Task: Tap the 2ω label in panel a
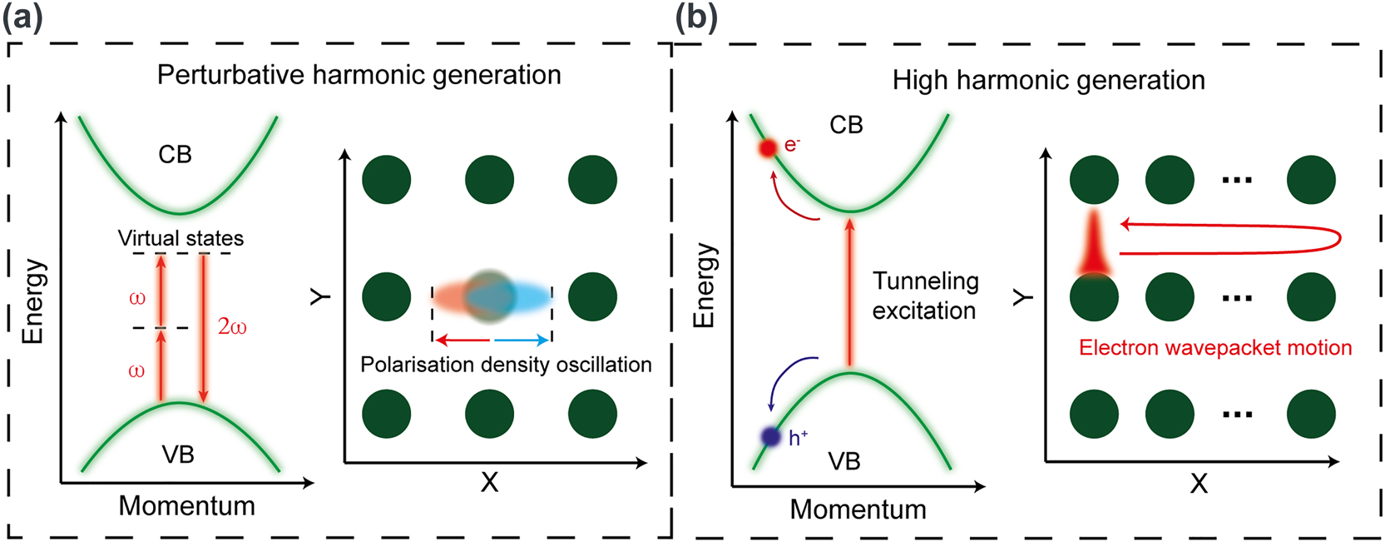(x=232, y=326)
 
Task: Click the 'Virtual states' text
(x=181, y=238)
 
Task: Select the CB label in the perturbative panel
(x=175, y=154)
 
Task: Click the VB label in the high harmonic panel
(x=843, y=461)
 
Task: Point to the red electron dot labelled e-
(x=768, y=147)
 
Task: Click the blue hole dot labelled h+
(x=771, y=436)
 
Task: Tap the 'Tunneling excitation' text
(x=925, y=296)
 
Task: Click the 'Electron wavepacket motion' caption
(x=1215, y=347)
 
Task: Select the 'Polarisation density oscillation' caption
(x=506, y=365)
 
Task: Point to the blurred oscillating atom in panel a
(x=490, y=296)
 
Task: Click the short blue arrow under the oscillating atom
(x=522, y=340)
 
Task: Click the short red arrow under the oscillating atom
(x=462, y=340)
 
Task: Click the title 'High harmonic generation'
(x=1048, y=80)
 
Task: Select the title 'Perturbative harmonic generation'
(x=359, y=75)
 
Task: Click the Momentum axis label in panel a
(x=186, y=505)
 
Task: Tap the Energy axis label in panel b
(x=705, y=286)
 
